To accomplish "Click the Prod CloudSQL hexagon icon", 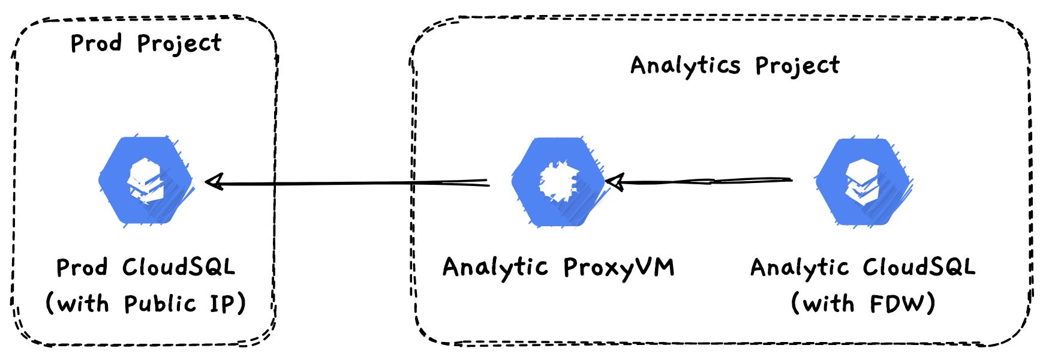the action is pyautogui.click(x=146, y=181).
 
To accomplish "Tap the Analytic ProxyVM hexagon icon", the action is pyautogui.click(x=558, y=182).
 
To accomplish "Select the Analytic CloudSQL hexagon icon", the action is pyautogui.click(x=863, y=182).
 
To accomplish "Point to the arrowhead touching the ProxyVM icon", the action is pyautogui.click(x=615, y=181).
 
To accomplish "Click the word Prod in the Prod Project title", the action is pyautogui.click(x=96, y=43).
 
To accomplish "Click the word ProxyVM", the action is pyautogui.click(x=619, y=268).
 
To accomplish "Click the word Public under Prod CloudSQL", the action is pyautogui.click(x=160, y=304).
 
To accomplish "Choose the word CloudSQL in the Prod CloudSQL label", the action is pyautogui.click(x=179, y=267).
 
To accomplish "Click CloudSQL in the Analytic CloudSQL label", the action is pyautogui.click(x=919, y=267).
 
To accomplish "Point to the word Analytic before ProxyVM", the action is pyautogui.click(x=495, y=268).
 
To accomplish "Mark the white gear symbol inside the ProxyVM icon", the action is pyautogui.click(x=559, y=181).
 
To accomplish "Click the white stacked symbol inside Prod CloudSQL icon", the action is pyautogui.click(x=146, y=180).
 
